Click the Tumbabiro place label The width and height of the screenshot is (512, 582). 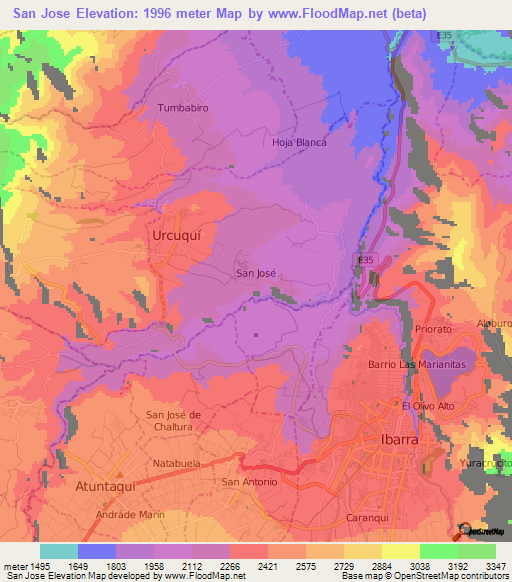[x=181, y=107]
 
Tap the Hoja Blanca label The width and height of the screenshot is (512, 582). [x=300, y=142]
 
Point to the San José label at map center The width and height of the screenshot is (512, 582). [x=255, y=271]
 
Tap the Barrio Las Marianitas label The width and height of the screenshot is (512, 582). [x=418, y=365]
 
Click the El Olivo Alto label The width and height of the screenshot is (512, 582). [x=428, y=406]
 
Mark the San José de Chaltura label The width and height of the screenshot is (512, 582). [x=174, y=421]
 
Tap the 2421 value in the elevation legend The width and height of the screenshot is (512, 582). [x=267, y=566]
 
